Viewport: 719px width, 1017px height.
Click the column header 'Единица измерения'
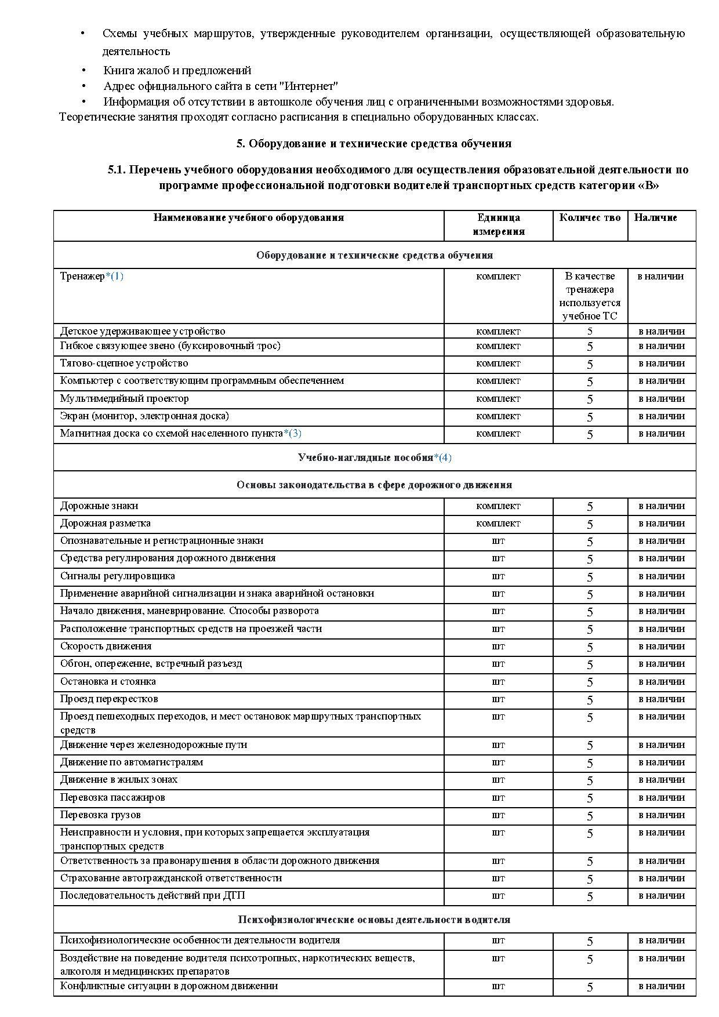coord(498,224)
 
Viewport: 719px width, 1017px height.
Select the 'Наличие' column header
coord(655,218)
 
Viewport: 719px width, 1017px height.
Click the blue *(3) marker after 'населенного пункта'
coord(292,433)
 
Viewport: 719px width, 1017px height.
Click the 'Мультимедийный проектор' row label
coord(124,398)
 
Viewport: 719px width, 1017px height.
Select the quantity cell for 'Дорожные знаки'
coord(590,506)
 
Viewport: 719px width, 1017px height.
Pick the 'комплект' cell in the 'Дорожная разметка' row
coord(498,523)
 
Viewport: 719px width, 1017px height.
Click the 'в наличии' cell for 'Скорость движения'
coord(662,646)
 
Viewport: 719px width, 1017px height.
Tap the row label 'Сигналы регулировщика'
coord(117,576)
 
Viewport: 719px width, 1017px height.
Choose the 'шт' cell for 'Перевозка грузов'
coord(498,815)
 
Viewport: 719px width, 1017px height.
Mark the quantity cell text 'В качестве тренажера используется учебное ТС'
coord(590,296)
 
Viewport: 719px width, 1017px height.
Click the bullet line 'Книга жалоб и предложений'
coord(177,71)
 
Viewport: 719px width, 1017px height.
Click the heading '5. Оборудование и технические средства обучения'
coord(374,143)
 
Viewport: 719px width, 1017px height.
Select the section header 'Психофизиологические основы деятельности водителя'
coord(374,919)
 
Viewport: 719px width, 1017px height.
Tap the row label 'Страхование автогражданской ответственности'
coord(171,878)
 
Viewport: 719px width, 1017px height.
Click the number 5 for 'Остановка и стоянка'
coord(590,682)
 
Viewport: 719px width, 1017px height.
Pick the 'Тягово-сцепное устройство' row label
coord(124,363)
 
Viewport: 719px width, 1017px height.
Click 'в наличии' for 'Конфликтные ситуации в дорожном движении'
coord(662,986)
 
